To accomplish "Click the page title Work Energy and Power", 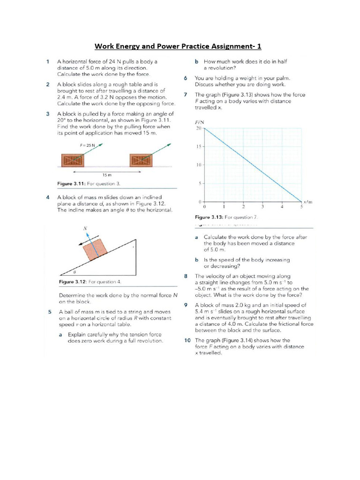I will coord(179,46).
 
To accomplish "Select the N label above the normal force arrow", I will coord(85,228).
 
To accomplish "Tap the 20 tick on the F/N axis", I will coord(198,128).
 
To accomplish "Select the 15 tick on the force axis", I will coord(198,147).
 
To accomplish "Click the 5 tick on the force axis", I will coord(200,183).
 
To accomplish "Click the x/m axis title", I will coord(307,202).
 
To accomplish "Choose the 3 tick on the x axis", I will coord(262,206).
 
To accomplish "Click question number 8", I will coord(186,276).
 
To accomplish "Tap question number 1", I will coord(48,61).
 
